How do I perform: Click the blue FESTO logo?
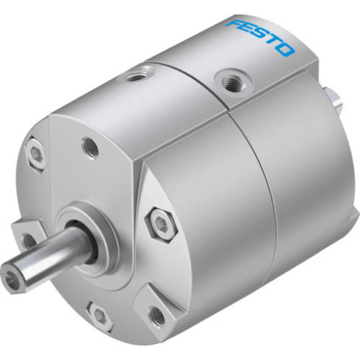tap(261, 37)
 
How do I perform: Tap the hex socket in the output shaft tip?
tap(15, 276)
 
